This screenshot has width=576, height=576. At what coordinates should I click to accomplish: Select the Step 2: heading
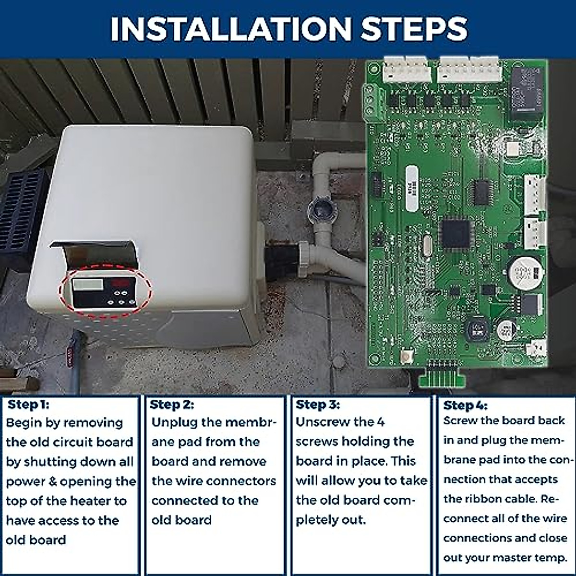click(x=172, y=405)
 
